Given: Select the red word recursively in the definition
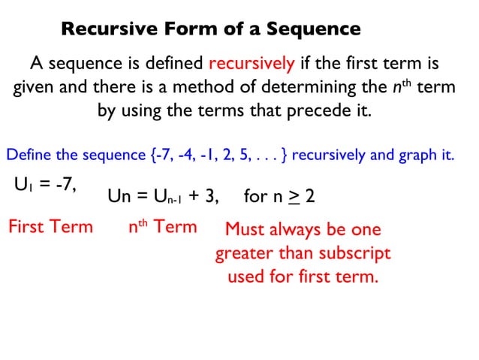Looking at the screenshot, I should coord(252,62).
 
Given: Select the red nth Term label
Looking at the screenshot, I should coord(163,226).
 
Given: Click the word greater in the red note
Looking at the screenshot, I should coord(244,253).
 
